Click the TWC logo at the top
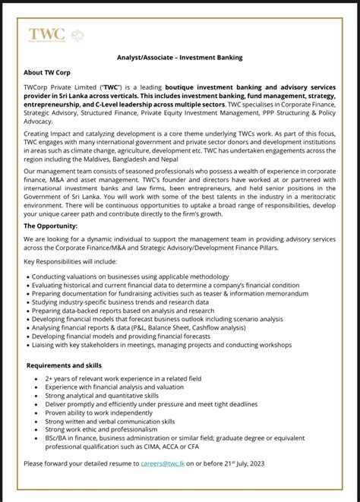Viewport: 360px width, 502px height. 46,34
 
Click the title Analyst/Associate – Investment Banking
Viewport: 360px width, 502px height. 178,58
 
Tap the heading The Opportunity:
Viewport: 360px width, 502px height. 52,226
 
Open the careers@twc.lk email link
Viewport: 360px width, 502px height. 165,463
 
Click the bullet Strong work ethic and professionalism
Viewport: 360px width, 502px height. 102,429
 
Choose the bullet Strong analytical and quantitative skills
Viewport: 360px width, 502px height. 102,395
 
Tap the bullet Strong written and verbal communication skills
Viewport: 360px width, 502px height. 110,421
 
